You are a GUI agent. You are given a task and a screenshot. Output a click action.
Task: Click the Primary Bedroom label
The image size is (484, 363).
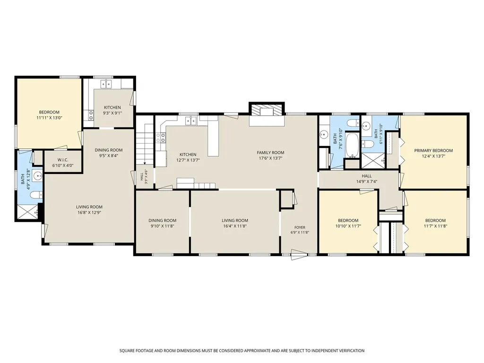(x=433, y=151)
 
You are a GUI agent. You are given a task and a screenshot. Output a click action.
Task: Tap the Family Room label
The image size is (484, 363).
(x=270, y=153)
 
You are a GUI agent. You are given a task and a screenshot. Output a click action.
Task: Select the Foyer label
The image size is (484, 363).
(x=300, y=227)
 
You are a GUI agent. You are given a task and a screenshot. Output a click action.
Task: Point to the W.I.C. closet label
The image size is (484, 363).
(x=63, y=160)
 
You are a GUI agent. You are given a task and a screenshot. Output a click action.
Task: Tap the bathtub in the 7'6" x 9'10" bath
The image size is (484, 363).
(x=352, y=145)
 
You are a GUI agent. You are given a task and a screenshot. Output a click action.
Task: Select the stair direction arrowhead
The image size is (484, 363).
(x=145, y=163)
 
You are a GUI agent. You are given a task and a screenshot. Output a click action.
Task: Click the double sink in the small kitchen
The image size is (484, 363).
(x=106, y=84)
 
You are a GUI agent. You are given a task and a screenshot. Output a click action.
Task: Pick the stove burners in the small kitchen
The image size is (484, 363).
(x=91, y=116)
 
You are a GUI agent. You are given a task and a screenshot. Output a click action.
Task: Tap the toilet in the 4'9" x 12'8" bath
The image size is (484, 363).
(x=37, y=195)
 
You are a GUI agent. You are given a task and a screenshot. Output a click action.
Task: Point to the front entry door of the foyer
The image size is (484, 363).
(x=299, y=255)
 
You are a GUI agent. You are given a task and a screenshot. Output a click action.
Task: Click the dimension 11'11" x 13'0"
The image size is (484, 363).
(x=49, y=118)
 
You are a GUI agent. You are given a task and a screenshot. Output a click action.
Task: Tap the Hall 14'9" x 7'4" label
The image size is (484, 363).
(x=367, y=179)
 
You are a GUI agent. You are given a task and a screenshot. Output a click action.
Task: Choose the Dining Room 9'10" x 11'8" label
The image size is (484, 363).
(x=163, y=223)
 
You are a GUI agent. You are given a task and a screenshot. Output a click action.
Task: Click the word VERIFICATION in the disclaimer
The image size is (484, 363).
(x=350, y=351)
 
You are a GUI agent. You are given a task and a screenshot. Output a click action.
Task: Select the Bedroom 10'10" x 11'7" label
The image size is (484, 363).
(x=348, y=223)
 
